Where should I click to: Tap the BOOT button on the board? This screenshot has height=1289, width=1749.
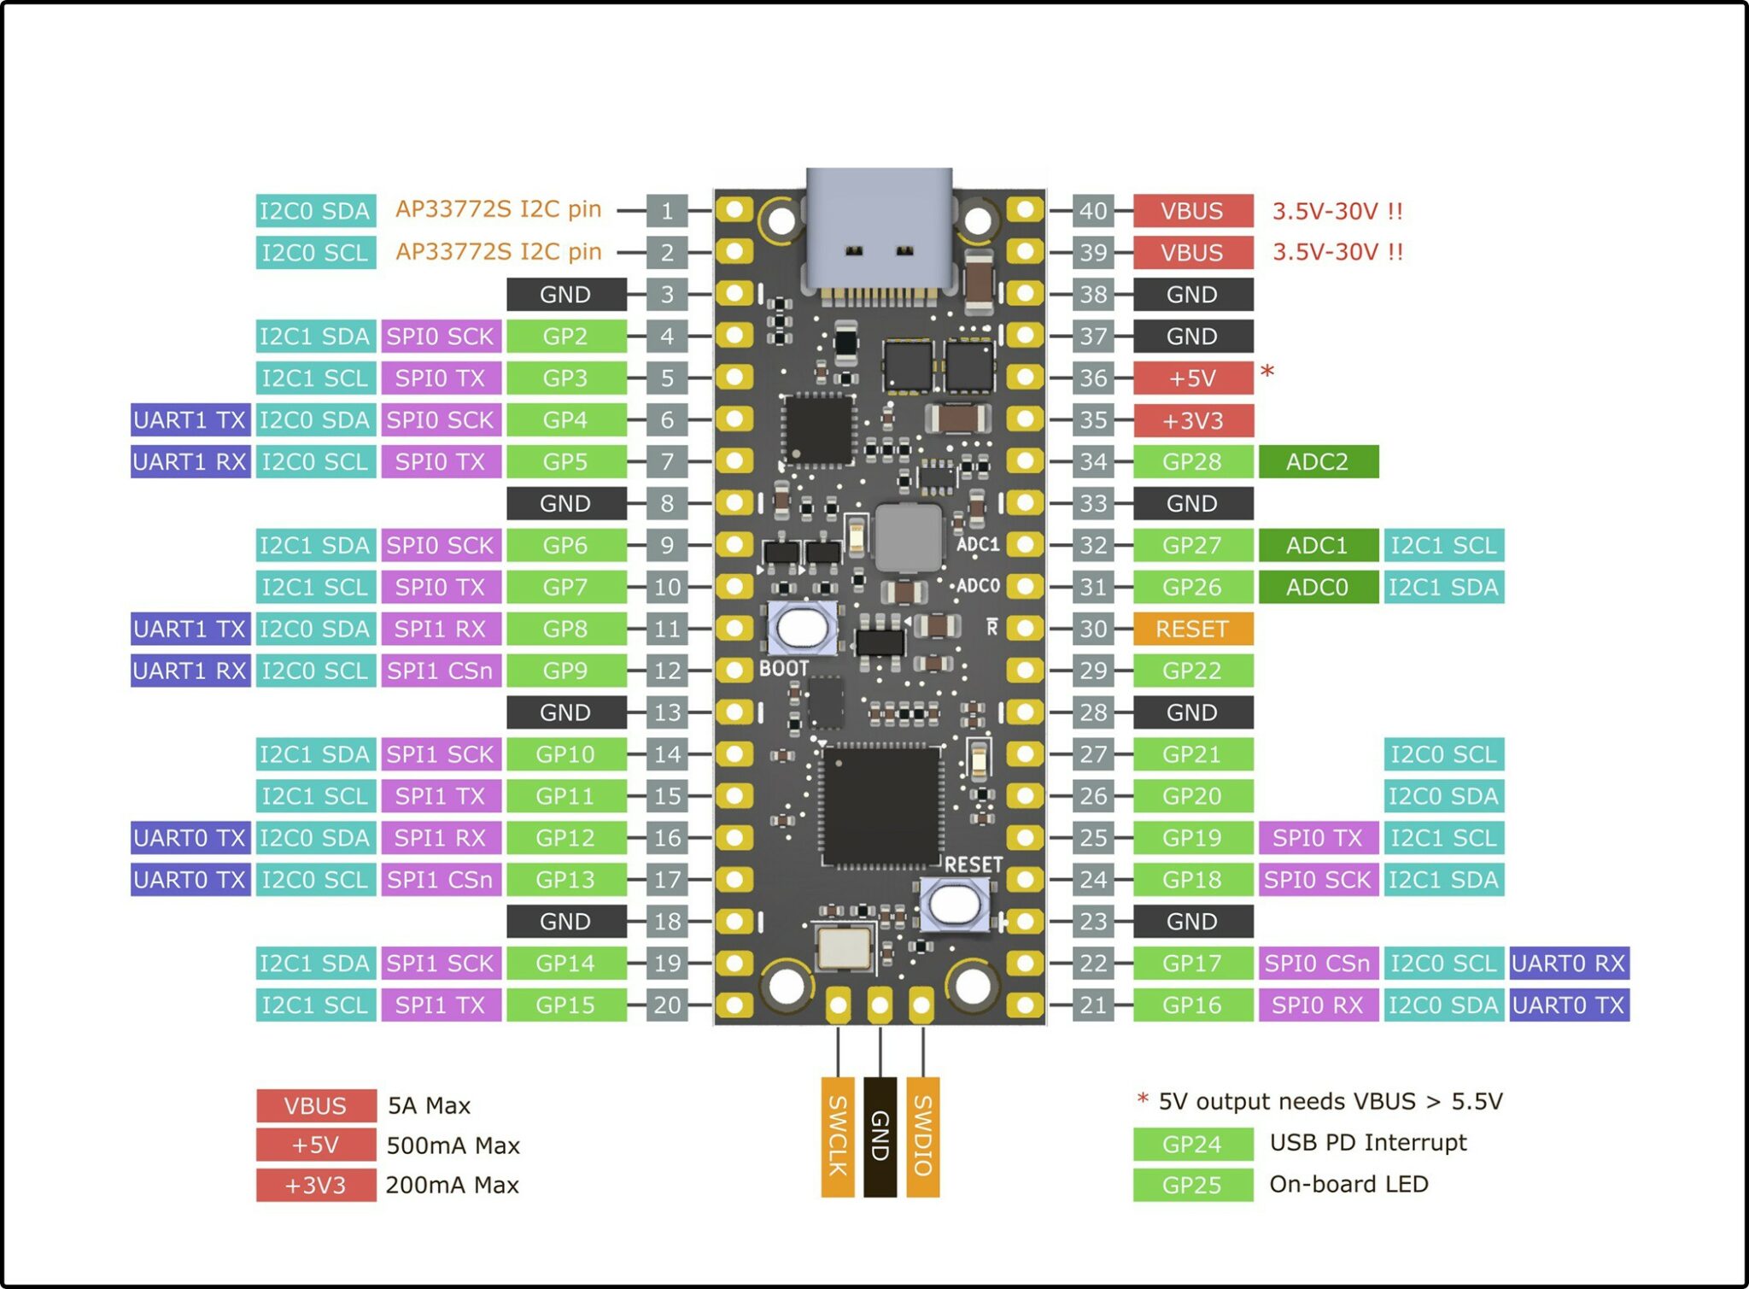coord(801,628)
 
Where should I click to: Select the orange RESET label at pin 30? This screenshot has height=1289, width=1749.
coord(1192,629)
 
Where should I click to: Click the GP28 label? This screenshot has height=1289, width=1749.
coord(1192,461)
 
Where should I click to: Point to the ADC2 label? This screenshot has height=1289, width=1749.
coord(1317,461)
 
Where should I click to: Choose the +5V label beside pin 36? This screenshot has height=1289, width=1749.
coord(1192,378)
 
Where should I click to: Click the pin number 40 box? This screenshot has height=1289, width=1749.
coord(1093,210)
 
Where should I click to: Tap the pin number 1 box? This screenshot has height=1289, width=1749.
coord(667,210)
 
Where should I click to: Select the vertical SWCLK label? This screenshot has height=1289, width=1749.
coord(837,1136)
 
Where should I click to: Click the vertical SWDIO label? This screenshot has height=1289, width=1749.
coord(922,1136)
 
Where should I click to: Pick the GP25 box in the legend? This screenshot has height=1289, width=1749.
coord(1192,1185)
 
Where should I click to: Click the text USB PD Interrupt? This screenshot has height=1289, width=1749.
coord(1367,1142)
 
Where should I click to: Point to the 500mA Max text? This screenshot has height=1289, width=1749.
coord(453,1145)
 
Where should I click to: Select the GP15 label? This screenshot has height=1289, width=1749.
coord(564,1005)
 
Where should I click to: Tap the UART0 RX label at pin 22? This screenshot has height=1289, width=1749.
coord(1568,963)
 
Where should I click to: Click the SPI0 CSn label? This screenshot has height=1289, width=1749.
coord(1317,963)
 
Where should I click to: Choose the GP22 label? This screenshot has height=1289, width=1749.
coord(1192,671)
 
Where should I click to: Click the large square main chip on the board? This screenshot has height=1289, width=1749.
coord(880,806)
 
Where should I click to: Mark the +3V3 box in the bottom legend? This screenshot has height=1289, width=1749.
coord(315,1185)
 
